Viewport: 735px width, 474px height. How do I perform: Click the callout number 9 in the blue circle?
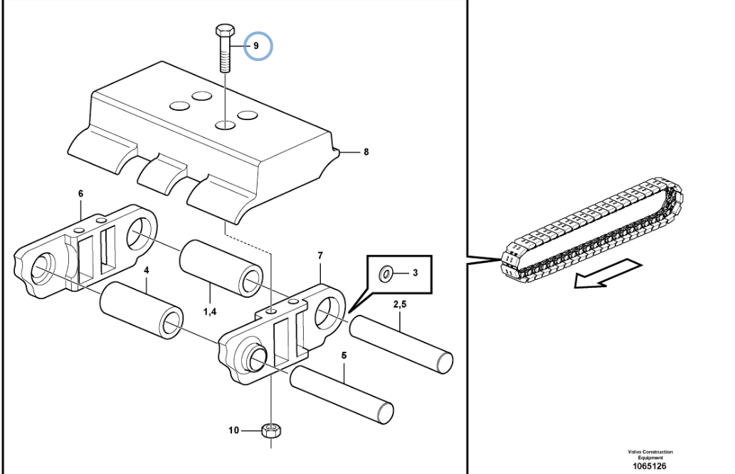coord(256,46)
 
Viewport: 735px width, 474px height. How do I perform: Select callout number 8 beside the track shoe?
coord(366,152)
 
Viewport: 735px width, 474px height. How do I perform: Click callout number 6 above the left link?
coord(80,193)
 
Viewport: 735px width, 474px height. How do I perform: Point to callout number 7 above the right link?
coord(320,256)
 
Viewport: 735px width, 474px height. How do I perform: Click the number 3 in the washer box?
coord(415,273)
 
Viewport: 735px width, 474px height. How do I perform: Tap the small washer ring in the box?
coord(386,274)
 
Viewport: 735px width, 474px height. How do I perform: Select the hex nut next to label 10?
coord(271,430)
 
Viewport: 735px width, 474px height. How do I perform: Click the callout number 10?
coord(233,430)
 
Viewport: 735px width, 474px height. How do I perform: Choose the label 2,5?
coord(400,304)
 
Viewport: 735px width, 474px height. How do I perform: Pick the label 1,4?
coord(210,311)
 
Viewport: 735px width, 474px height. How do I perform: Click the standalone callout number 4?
coord(147,270)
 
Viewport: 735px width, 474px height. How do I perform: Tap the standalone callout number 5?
coord(344,355)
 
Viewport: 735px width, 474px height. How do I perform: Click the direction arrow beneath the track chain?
coord(608,274)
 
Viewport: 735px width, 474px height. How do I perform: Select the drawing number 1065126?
coord(650,466)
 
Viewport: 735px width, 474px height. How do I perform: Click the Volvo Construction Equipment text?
coord(650,454)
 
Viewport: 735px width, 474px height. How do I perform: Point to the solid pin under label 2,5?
coord(401,345)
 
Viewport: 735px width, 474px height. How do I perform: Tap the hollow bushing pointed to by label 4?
coord(142,310)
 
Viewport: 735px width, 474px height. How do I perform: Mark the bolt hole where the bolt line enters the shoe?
coord(226,125)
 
